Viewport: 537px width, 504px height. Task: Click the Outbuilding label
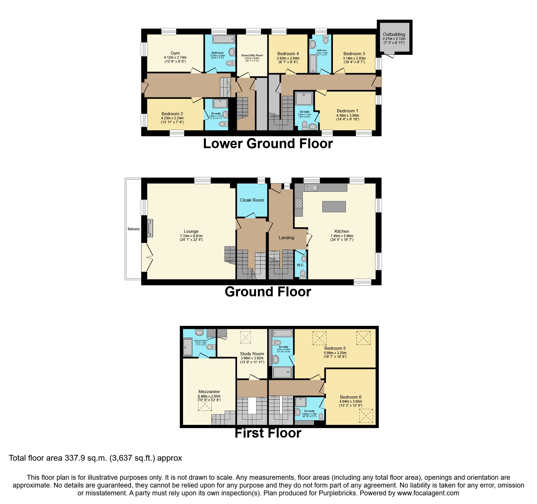[394, 34]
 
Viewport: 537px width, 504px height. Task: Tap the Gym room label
[175, 53]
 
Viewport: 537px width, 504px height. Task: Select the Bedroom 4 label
[288, 54]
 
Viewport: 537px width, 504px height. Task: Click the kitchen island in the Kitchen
[334, 207]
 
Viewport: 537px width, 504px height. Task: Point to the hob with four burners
[299, 203]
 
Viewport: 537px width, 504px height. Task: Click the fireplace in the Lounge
[150, 228]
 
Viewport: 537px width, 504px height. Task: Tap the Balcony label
[134, 229]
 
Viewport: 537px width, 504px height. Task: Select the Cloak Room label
[252, 200]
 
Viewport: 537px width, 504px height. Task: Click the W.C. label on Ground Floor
[300, 265]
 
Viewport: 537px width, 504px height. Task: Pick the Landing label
[286, 238]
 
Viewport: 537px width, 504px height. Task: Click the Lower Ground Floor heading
[268, 144]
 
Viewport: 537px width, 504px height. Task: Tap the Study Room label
[252, 354]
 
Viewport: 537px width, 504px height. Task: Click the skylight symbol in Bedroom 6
[366, 416]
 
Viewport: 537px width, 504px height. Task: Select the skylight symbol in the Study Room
[246, 337]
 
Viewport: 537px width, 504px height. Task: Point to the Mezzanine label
[209, 392]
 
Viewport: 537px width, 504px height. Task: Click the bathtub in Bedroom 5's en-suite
[283, 334]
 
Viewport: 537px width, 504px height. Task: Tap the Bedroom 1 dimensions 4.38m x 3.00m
[348, 115]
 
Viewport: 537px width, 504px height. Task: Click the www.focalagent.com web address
[428, 493]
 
